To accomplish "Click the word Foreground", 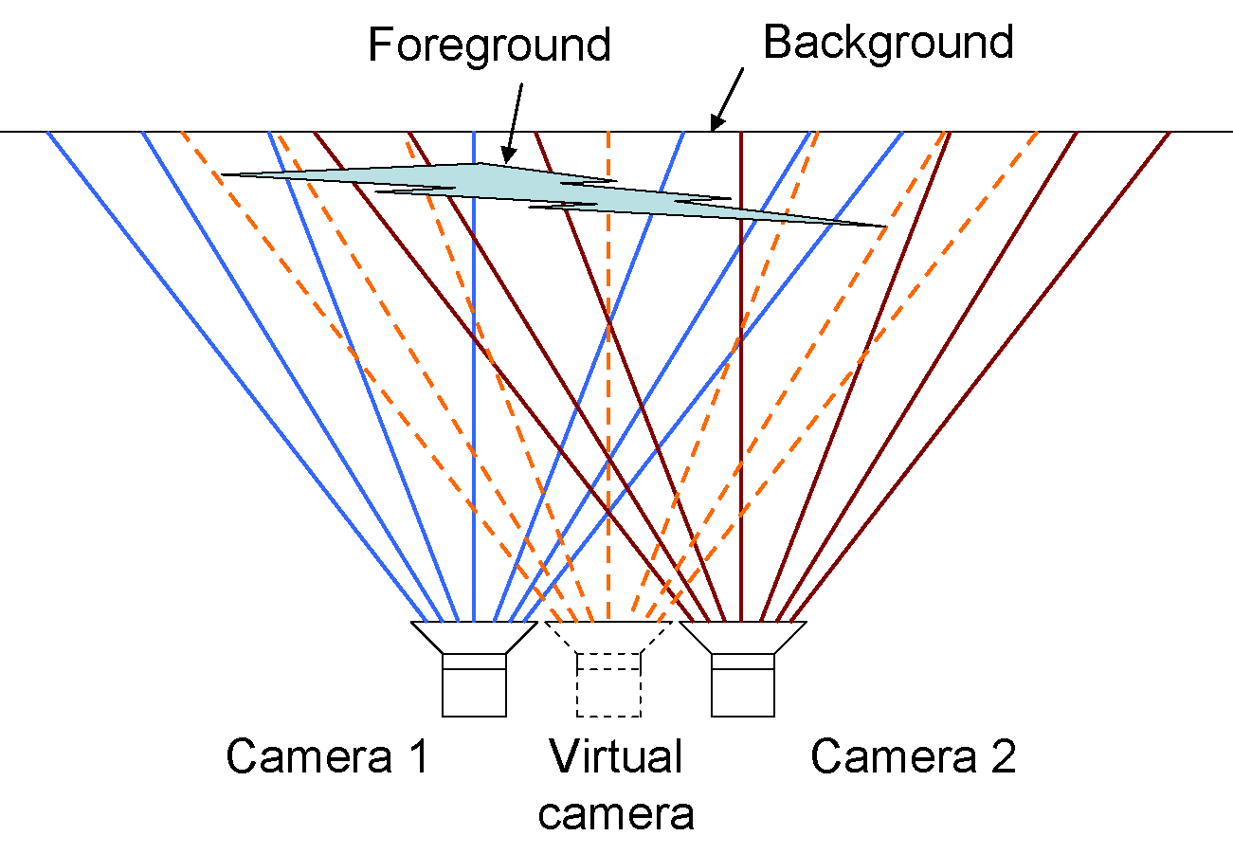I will tap(489, 45).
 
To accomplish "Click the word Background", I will tap(888, 43).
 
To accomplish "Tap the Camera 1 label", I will tap(327, 756).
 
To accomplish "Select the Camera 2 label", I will tap(913, 756).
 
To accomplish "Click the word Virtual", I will tap(616, 756).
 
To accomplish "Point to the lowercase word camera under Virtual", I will tap(616, 813).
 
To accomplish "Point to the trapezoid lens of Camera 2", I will tap(743, 636).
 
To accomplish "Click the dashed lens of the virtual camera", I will tap(608, 636).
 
